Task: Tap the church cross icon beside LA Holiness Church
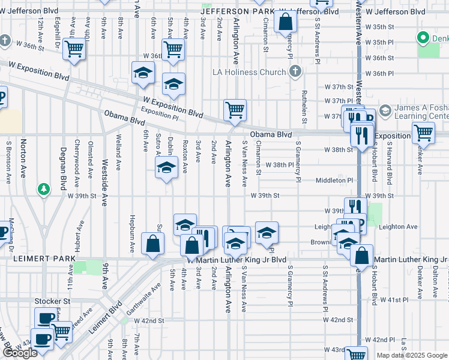294,73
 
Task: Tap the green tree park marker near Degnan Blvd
44,190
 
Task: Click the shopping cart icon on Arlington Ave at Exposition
235,110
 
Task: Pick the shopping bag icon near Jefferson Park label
286,22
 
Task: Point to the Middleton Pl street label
335,180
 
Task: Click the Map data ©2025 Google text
412,355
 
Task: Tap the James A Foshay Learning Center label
421,112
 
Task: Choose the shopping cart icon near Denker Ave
423,133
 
